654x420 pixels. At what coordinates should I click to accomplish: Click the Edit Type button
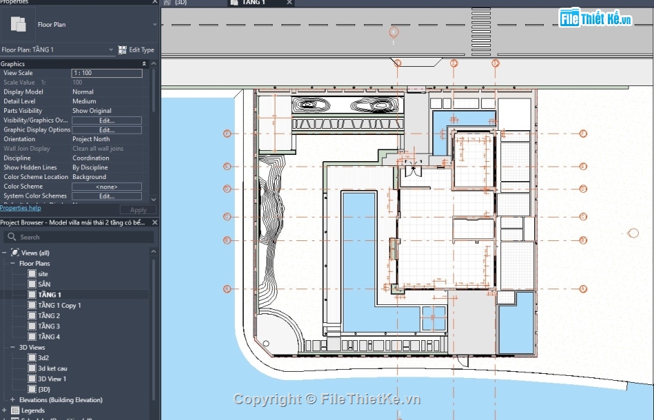click(136, 50)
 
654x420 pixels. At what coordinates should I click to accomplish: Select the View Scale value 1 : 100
click(107, 73)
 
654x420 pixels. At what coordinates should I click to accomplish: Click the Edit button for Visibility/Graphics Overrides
click(107, 120)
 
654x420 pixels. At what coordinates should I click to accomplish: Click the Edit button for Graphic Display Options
click(107, 129)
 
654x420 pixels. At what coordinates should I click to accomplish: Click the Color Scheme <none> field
click(107, 187)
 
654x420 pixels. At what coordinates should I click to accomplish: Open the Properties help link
click(21, 208)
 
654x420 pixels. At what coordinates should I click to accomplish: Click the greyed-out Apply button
click(138, 210)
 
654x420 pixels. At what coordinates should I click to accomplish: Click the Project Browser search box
click(79, 237)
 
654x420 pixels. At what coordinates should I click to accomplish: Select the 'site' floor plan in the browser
click(43, 274)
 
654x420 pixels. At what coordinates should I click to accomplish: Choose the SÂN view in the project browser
click(44, 284)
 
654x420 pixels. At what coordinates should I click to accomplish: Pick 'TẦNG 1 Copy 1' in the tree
click(59, 305)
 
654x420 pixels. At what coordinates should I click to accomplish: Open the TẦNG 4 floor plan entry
click(48, 337)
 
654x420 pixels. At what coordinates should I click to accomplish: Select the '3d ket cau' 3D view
click(52, 368)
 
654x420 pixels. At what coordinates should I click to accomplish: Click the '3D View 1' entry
click(52, 379)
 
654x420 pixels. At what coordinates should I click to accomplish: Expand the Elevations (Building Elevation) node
click(12, 400)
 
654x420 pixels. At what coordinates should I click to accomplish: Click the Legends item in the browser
click(32, 410)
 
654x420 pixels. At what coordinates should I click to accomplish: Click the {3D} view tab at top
click(180, 3)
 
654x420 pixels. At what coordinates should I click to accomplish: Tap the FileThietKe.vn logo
click(595, 19)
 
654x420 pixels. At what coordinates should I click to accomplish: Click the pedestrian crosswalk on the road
click(481, 25)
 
